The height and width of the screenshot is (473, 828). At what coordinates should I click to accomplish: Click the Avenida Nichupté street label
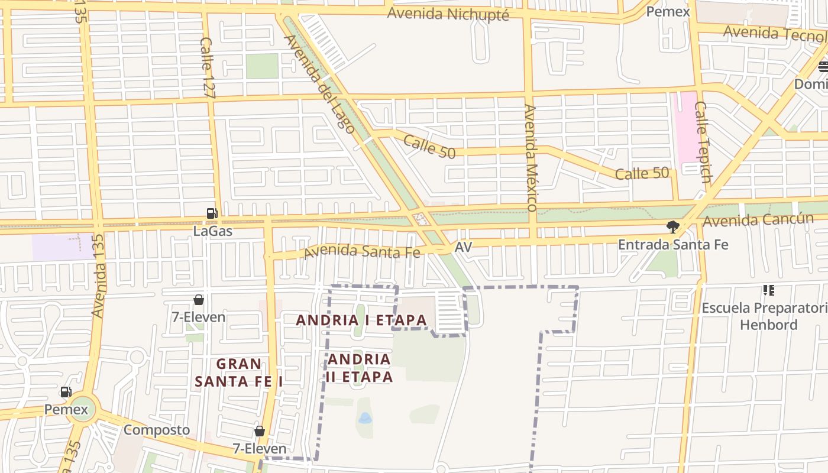pyautogui.click(x=448, y=14)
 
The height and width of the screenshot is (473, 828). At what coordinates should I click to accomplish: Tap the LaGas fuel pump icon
pyautogui.click(x=212, y=213)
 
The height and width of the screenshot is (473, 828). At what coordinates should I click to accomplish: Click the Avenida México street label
pyautogui.click(x=530, y=158)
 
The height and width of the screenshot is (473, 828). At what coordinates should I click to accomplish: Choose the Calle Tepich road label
pyautogui.click(x=703, y=142)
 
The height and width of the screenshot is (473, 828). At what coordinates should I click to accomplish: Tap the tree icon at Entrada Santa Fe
pyautogui.click(x=672, y=226)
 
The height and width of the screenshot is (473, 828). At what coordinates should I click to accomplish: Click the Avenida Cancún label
pyautogui.click(x=758, y=220)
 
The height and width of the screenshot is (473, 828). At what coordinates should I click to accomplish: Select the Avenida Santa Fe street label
pyautogui.click(x=362, y=251)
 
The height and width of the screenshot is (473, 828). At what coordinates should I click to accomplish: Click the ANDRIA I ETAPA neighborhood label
pyautogui.click(x=361, y=320)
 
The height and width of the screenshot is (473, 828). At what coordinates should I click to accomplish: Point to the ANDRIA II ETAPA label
pyautogui.click(x=360, y=368)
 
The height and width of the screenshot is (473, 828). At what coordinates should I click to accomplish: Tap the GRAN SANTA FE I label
pyautogui.click(x=239, y=372)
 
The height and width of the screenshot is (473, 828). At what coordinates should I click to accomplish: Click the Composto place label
pyautogui.click(x=157, y=430)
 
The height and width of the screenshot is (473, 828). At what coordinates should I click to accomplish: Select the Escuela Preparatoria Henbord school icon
pyautogui.click(x=769, y=290)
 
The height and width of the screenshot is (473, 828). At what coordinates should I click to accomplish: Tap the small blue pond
pyautogui.click(x=365, y=419)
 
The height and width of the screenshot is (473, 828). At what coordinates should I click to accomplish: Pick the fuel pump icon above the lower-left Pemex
pyautogui.click(x=66, y=392)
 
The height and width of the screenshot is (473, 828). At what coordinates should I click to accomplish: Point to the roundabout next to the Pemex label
pyautogui.click(x=82, y=409)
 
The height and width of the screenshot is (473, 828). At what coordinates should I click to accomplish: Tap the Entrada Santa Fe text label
pyautogui.click(x=673, y=244)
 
